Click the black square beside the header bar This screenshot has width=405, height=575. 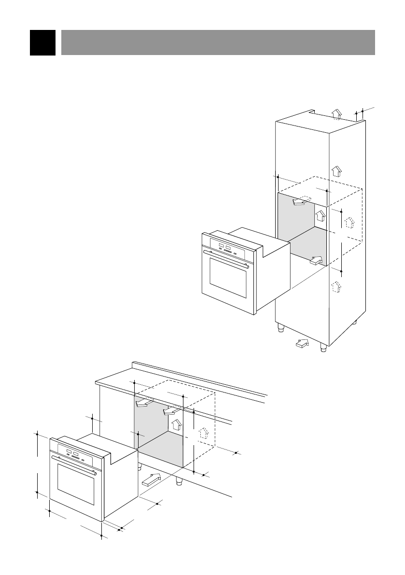click(42, 42)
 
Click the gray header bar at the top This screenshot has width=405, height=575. click(218, 42)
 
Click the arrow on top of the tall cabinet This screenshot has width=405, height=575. click(337, 113)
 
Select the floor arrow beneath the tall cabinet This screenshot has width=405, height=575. click(302, 344)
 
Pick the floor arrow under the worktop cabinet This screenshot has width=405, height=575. click(151, 480)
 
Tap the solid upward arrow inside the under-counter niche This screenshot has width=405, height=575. click(177, 424)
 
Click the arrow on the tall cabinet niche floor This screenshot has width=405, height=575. click(316, 261)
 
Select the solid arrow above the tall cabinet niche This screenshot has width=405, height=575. click(337, 171)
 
